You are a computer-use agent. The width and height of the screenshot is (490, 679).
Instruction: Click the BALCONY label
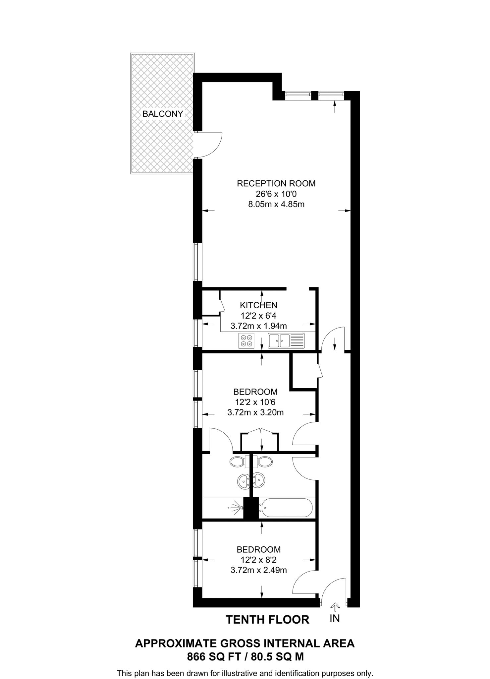[x=162, y=114]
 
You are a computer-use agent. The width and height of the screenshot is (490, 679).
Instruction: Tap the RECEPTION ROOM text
[x=276, y=183]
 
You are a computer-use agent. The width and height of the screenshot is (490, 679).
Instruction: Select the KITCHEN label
[x=258, y=305]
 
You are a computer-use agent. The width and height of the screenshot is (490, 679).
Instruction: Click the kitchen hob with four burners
[x=246, y=340]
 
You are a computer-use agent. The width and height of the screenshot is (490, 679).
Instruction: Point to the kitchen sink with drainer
[x=286, y=340]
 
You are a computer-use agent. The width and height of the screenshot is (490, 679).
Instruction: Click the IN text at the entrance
[x=335, y=619]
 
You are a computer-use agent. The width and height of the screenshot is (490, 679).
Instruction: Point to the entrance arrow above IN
[x=335, y=607]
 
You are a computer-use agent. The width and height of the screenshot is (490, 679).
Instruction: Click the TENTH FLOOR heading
[x=267, y=619]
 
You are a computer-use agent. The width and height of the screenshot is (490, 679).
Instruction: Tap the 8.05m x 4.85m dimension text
[x=276, y=204]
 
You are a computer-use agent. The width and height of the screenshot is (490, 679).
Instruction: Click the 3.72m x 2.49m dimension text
[x=258, y=570]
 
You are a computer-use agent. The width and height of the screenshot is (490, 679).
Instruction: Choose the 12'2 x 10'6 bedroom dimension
[x=255, y=402]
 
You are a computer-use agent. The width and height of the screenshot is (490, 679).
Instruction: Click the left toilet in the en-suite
[x=237, y=462]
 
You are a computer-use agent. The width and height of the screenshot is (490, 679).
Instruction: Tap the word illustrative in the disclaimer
[x=240, y=673]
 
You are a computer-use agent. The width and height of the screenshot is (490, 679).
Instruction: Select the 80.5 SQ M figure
[x=277, y=657]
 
